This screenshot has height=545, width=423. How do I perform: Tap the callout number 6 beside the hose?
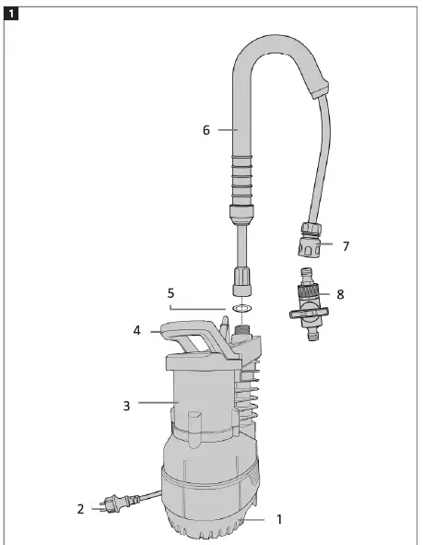tap(206, 131)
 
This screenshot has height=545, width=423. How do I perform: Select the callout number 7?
tap(346, 247)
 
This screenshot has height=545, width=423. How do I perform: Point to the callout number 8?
tap(340, 295)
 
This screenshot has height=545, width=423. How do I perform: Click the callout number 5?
tap(170, 292)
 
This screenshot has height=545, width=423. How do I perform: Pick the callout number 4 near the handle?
tap(136, 329)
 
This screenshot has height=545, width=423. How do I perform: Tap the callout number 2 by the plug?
tap(81, 508)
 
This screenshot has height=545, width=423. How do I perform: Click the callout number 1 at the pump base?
tap(279, 519)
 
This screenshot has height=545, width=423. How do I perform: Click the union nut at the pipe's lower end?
tap(243, 276)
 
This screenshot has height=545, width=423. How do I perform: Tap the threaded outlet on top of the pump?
tap(243, 328)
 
